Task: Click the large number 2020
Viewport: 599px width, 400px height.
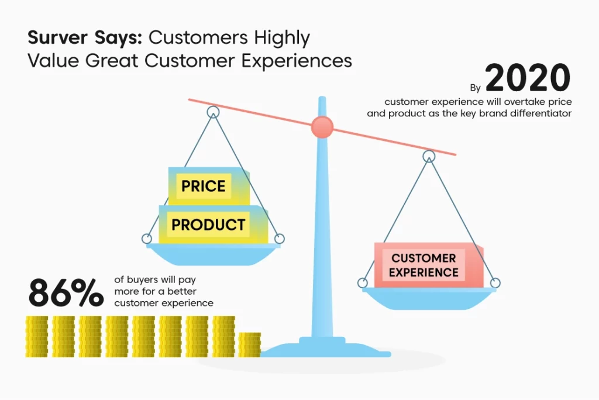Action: point(528,78)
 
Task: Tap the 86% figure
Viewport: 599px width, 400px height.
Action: point(66,292)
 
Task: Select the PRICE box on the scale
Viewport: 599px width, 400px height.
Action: point(209,186)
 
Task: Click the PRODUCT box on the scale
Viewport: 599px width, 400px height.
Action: point(213,224)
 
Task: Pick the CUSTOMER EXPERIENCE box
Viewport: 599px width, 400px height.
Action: point(429,265)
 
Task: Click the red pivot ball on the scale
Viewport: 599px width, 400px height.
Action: point(322,127)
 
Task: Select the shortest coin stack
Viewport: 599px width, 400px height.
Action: point(249,345)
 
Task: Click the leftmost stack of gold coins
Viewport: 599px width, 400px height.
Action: point(37,337)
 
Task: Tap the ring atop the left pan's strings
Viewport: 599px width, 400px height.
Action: point(213,112)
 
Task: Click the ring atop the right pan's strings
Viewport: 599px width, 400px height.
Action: point(429,156)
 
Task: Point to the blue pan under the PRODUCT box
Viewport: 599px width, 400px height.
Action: point(213,254)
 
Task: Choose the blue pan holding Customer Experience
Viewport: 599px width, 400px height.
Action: point(429,298)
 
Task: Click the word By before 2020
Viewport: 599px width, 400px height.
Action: point(475,88)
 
